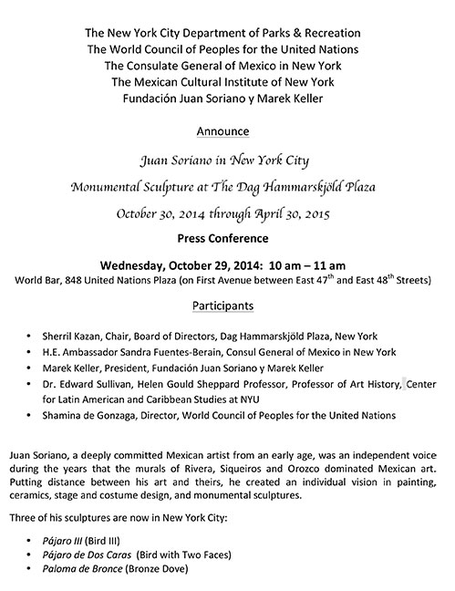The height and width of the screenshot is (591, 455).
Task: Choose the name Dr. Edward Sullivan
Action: pos(87,386)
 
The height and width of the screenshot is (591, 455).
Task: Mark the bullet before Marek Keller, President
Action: pos(33,369)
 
